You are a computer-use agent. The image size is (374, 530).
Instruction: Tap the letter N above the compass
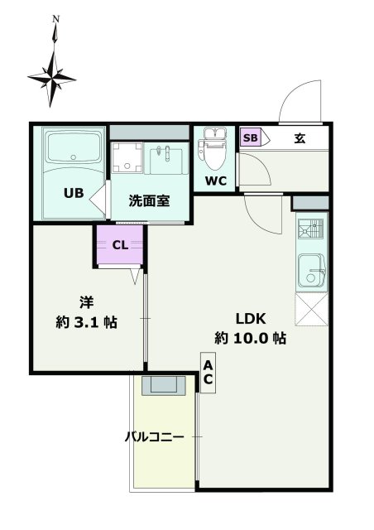pos(55,17)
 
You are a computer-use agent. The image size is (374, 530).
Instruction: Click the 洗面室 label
pos(149,200)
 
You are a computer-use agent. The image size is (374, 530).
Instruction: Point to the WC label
pos(216,181)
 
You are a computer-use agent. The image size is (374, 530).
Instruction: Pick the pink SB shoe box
pos(249,138)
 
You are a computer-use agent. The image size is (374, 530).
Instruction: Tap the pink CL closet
pos(119,245)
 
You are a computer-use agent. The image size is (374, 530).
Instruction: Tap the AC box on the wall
pos(209,373)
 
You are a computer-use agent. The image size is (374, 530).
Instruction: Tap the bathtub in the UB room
pos(73,150)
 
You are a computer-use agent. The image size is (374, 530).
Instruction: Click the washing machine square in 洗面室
pos(127,157)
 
